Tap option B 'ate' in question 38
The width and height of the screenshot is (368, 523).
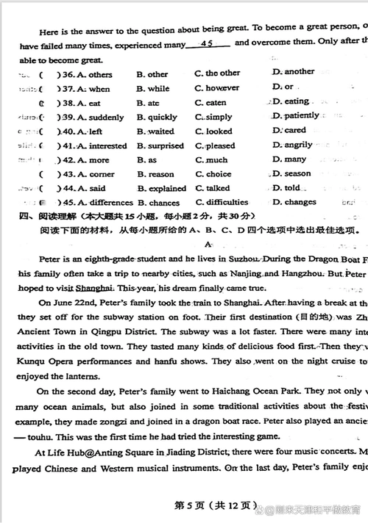pyautogui.click(x=148, y=104)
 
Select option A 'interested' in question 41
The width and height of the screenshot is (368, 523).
pyautogui.click(x=102, y=146)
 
